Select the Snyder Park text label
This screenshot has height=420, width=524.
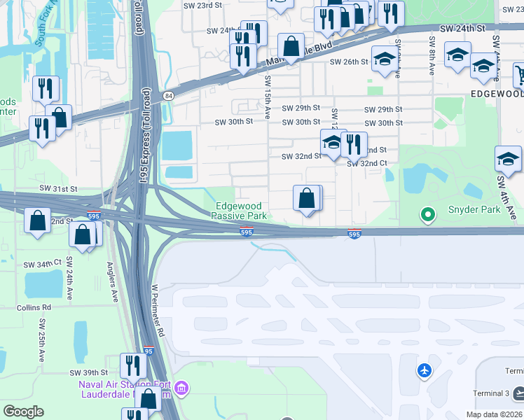point(474,210)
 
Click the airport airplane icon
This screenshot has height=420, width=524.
point(425,370)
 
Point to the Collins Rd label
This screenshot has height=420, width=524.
point(34,307)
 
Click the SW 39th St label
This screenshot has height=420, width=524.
point(89,372)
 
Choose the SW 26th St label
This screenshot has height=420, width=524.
point(349,62)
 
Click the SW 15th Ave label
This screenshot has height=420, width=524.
point(267,101)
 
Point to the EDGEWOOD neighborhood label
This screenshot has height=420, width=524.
point(497,93)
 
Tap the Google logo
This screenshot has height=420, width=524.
point(23,412)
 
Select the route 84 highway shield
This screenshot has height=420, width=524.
point(167,95)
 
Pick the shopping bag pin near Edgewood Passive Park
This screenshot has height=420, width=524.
point(307,199)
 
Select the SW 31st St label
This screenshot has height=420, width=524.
point(58,189)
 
